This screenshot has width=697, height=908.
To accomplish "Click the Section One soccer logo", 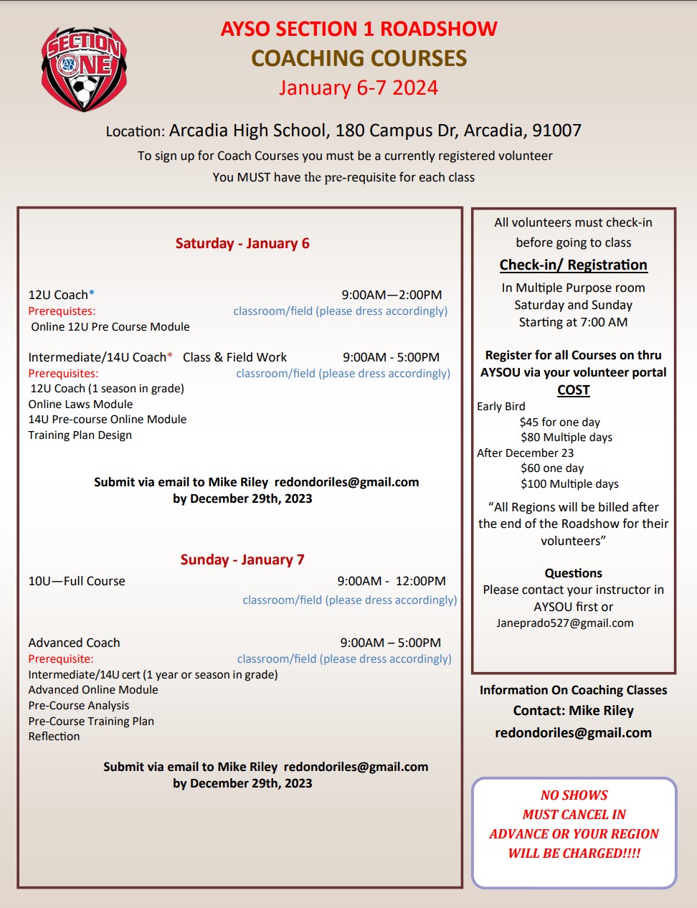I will [x=85, y=68].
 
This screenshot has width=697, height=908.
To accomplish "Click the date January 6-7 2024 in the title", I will [x=358, y=88].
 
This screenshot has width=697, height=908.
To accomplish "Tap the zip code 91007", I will [x=556, y=131].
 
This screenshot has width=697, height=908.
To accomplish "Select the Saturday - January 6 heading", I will [x=242, y=243].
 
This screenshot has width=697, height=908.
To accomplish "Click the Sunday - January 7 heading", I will [x=242, y=559].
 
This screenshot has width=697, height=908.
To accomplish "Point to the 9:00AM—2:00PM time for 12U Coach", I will [x=392, y=295].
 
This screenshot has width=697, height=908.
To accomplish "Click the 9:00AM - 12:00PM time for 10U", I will [x=392, y=581].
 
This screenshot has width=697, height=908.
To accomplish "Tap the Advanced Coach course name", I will [x=74, y=643].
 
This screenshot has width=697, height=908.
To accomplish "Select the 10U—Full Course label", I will [x=77, y=581].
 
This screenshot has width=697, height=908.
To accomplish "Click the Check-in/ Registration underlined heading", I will [x=573, y=265].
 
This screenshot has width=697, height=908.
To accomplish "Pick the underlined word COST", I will [x=573, y=389].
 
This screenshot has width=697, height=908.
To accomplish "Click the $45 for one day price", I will [x=559, y=422].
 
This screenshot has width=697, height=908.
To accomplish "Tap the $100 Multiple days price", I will [x=569, y=484].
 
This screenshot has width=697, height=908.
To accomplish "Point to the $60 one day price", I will [x=552, y=468].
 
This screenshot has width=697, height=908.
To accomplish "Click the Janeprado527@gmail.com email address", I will [x=564, y=623].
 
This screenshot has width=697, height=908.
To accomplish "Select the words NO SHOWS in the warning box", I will [x=574, y=795].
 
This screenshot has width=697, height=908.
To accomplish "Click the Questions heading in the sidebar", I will [x=573, y=573].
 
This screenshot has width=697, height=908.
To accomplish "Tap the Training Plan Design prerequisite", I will [x=80, y=435].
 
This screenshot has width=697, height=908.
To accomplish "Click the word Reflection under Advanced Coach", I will [x=54, y=736].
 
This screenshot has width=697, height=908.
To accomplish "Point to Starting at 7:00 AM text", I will [x=573, y=322].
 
